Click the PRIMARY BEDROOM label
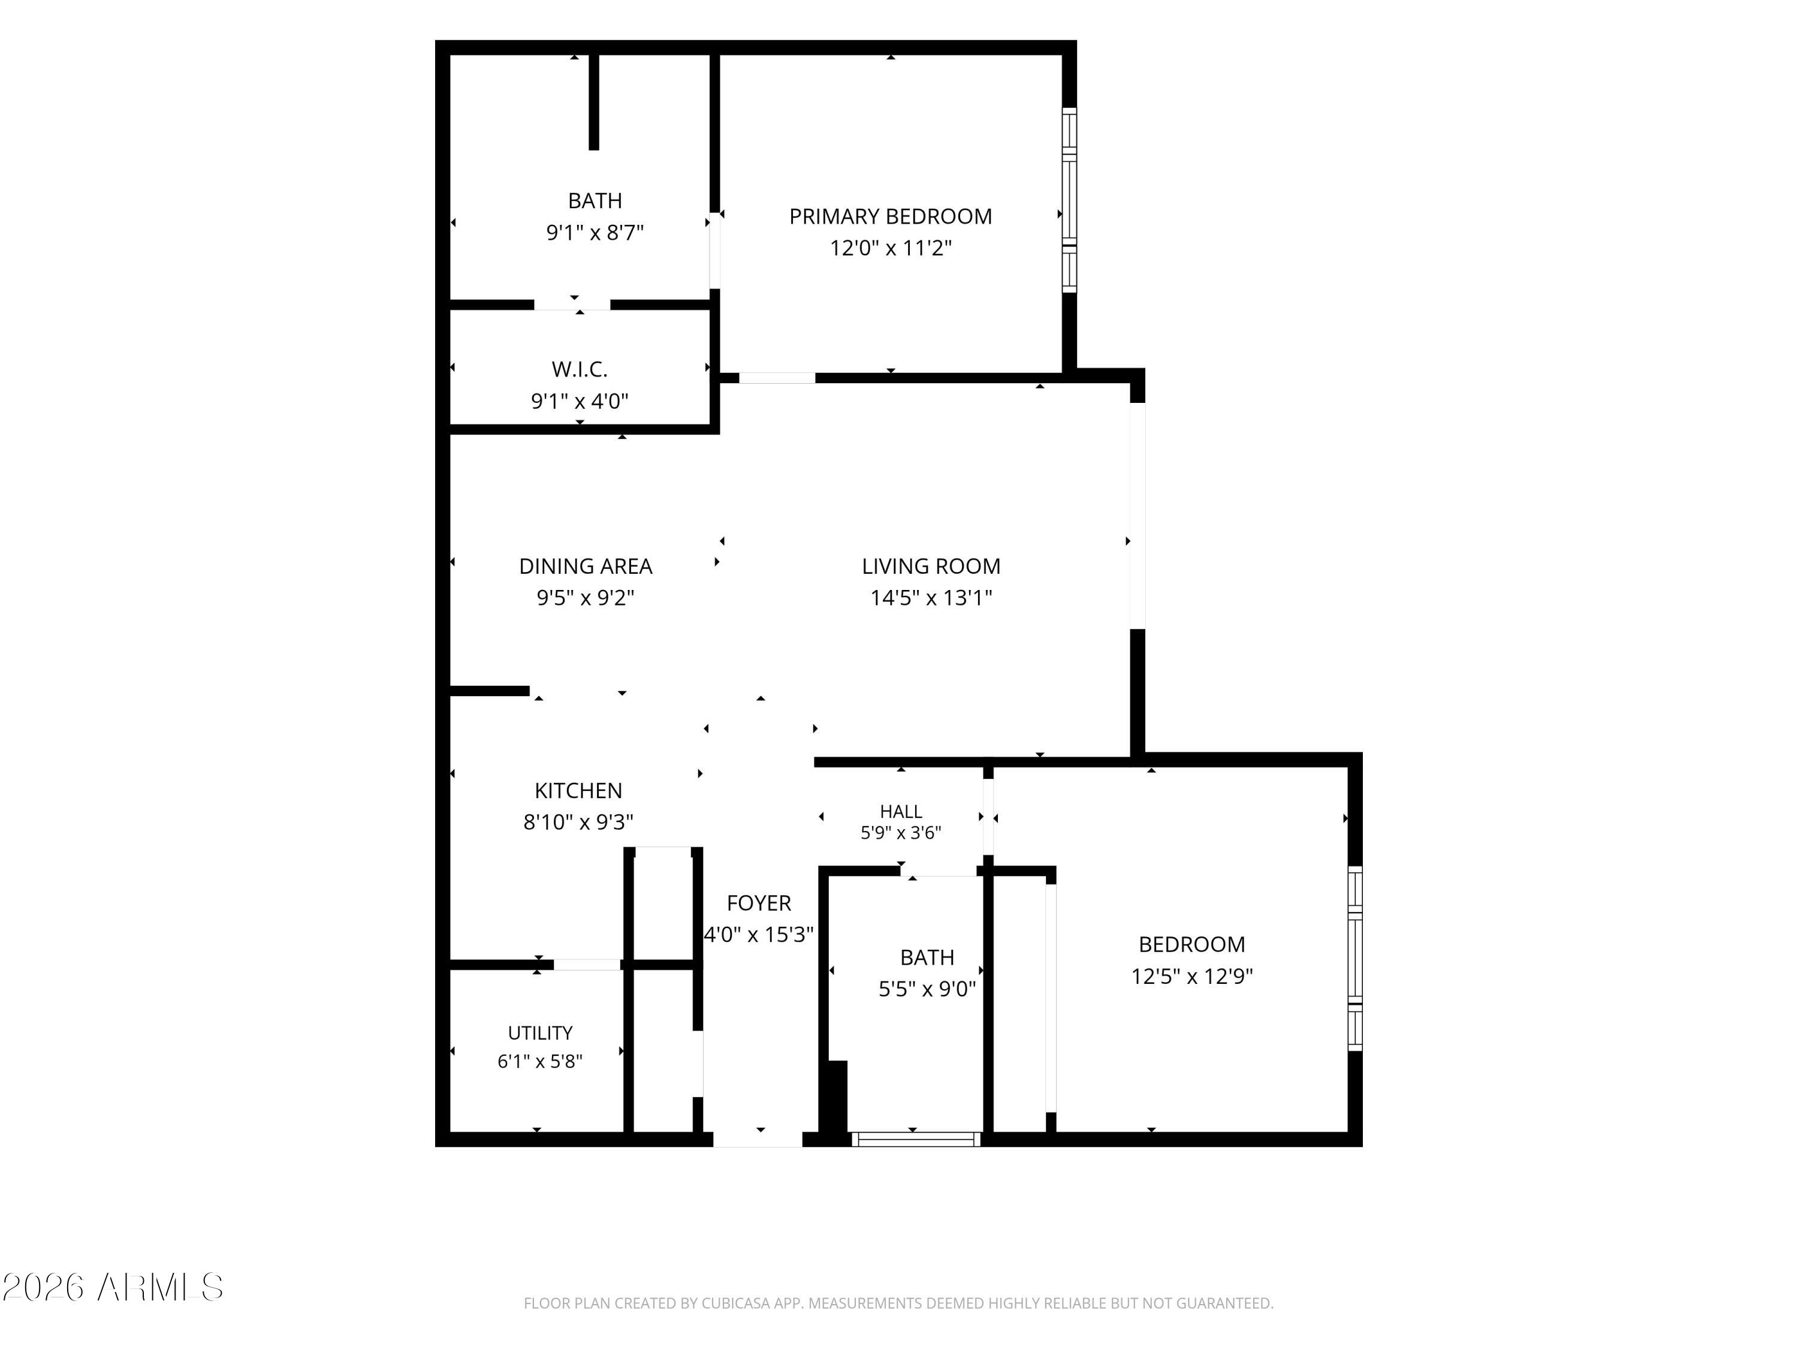click(890, 216)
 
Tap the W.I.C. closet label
click(580, 369)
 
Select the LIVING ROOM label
click(931, 566)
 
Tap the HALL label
click(901, 812)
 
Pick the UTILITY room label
click(540, 1032)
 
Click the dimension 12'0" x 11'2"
click(890, 248)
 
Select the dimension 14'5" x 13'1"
click(931, 598)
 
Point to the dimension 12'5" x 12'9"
click(1191, 975)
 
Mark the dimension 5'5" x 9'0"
click(927, 989)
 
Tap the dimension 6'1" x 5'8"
click(540, 1061)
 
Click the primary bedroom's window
click(1070, 200)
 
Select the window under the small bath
click(916, 1139)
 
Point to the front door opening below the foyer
click(758, 1139)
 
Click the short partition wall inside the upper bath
click(594, 103)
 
